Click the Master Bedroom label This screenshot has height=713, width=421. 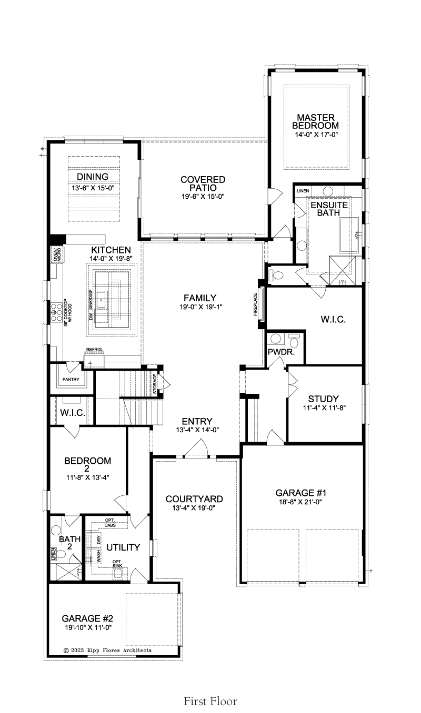[316, 121]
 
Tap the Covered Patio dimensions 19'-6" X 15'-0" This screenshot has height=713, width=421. [203, 197]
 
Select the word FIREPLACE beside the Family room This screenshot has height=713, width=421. [255, 304]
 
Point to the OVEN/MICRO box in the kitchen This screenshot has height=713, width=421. [57, 254]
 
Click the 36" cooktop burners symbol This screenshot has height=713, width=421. [56, 312]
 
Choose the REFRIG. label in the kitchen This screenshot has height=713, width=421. [94, 350]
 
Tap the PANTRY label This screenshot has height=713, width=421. [71, 380]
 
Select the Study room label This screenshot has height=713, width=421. [323, 399]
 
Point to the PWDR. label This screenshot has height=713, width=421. [281, 352]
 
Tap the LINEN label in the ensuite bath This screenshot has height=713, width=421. [303, 191]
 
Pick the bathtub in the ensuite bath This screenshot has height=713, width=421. [349, 235]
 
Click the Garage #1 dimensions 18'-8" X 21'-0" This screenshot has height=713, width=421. [300, 502]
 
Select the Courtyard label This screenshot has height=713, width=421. [194, 499]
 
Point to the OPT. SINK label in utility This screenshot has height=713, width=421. [117, 563]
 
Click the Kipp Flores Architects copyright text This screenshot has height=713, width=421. [107, 650]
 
